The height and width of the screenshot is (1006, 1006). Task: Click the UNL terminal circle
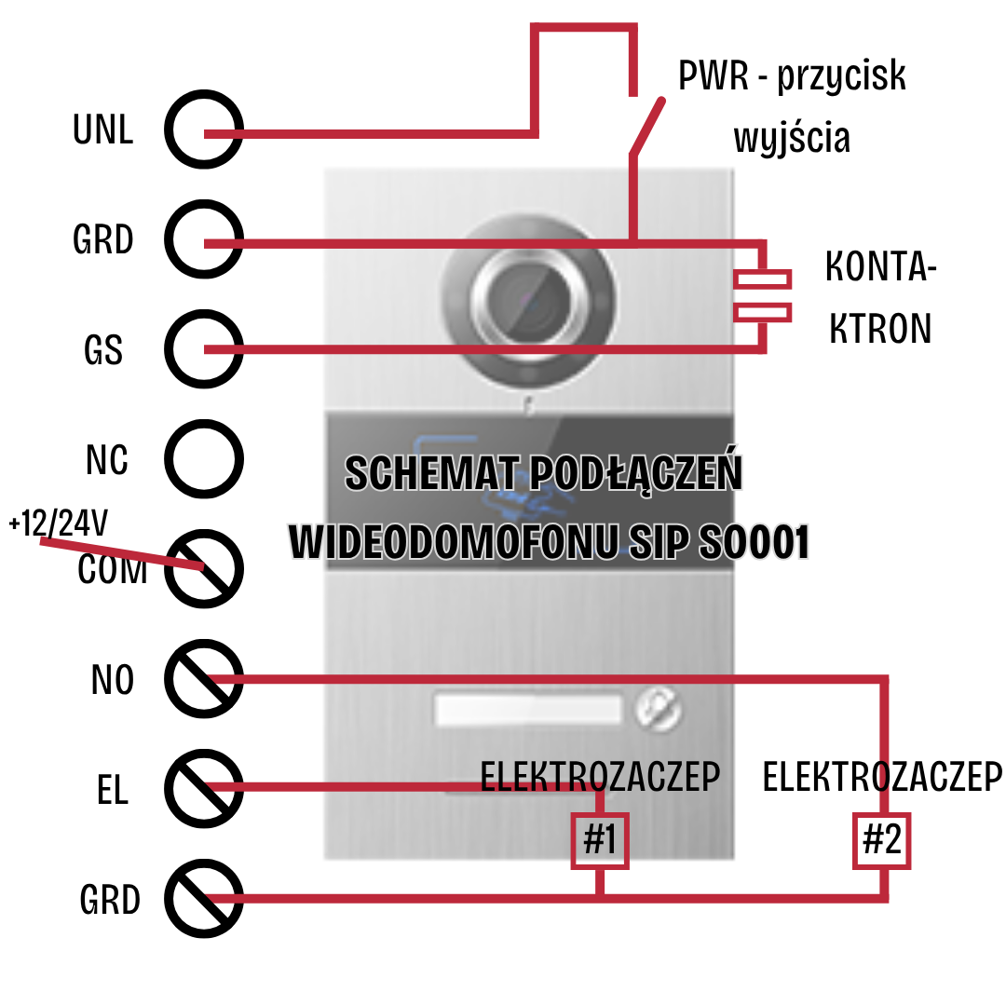point(204,129)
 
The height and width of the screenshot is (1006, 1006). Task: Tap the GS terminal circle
point(204,349)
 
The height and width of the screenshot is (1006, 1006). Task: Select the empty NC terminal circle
point(204,459)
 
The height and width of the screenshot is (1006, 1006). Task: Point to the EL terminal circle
point(204,789)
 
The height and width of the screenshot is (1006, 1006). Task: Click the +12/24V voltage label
point(58,523)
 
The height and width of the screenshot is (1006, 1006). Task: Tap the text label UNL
point(103,130)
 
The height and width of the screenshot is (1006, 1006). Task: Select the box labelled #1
point(600,840)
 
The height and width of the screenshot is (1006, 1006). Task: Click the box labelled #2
point(881,840)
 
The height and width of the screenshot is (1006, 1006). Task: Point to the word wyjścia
point(792,139)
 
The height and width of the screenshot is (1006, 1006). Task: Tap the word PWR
point(714,76)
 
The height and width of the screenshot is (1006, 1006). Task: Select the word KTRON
point(880,329)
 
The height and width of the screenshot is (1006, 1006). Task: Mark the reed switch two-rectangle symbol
point(763,295)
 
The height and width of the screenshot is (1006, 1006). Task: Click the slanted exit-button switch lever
point(646,125)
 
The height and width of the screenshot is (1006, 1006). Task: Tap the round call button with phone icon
point(659,711)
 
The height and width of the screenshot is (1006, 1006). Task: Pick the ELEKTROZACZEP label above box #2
point(882,777)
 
